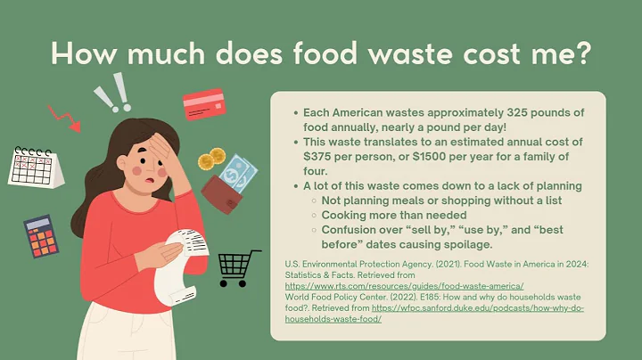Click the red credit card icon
click(x=204, y=104)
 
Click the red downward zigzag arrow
click(x=64, y=117)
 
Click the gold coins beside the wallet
click(x=211, y=160)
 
